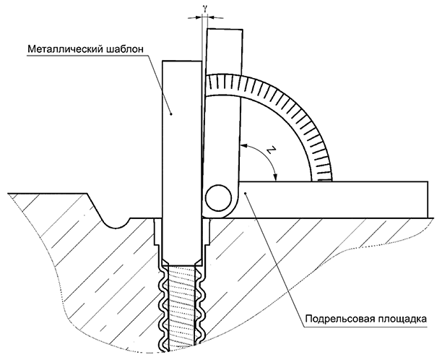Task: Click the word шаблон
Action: tap(125, 49)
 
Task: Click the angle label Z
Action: tap(270, 151)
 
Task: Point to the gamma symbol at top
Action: tap(205, 9)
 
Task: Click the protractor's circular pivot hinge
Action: tap(219, 197)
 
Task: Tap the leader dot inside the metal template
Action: tap(170, 113)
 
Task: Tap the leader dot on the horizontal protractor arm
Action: tap(246, 193)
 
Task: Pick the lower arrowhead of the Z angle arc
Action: tap(276, 176)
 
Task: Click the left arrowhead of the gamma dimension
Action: tap(198, 17)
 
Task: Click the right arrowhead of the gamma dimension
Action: tap(211, 17)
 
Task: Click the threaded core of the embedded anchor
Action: tap(182, 307)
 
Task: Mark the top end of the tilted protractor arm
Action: tap(225, 29)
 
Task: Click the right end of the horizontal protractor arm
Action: tap(428, 200)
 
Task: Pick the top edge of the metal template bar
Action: tap(182, 61)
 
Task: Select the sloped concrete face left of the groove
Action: tap(95, 207)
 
